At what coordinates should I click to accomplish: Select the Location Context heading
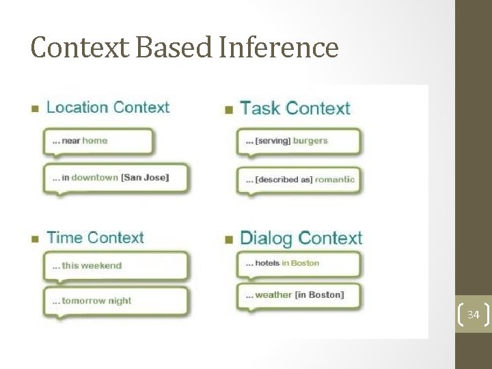(107, 107)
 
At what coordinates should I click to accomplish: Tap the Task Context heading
(295, 108)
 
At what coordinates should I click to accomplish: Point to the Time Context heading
(95, 238)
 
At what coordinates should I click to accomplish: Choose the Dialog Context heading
(301, 238)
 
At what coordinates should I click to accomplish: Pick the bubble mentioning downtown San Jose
(115, 178)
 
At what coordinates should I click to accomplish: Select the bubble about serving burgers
(298, 141)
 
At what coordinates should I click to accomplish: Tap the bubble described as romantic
(298, 180)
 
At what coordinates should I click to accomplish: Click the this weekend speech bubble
(115, 266)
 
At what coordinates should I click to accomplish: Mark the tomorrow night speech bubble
(115, 301)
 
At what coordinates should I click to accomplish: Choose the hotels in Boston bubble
(298, 264)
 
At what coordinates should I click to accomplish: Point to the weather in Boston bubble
(298, 295)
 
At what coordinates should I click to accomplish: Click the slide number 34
(473, 315)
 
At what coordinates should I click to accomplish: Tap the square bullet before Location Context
(35, 109)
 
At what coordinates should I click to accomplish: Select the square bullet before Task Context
(229, 109)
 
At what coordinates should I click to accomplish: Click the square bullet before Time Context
(35, 239)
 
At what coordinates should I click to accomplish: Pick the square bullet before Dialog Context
(229, 240)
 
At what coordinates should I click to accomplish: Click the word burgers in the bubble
(310, 141)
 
